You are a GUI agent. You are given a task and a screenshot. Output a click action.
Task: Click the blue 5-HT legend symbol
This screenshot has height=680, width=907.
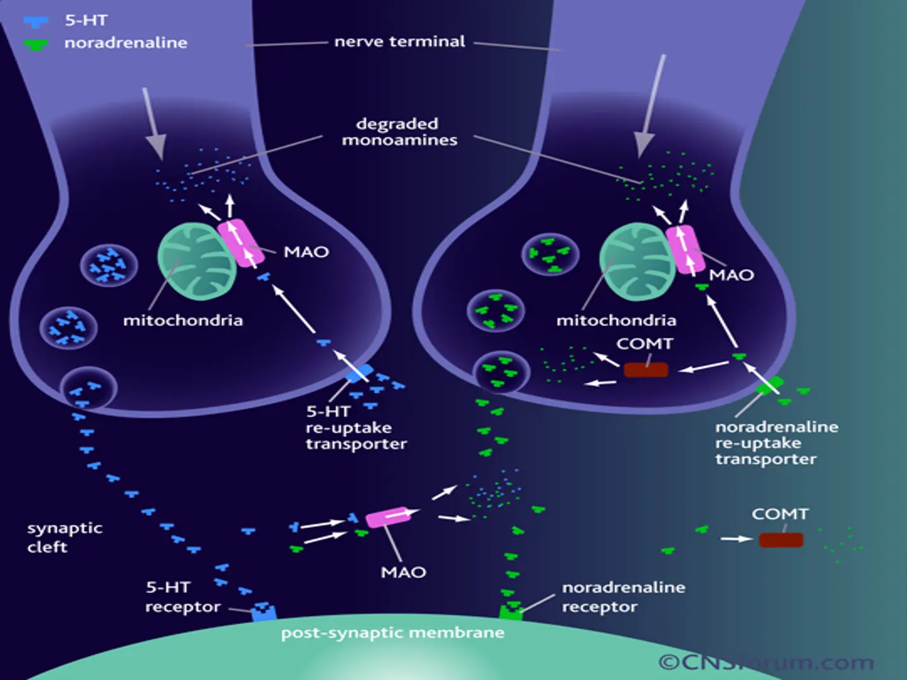tap(35, 22)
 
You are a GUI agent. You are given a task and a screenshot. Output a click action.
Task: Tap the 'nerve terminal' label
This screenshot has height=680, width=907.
tap(399, 42)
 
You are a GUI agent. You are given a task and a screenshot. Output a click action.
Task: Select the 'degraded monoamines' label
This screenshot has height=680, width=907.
tap(399, 132)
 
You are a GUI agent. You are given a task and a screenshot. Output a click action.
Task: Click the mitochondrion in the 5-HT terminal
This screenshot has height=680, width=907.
tap(196, 261)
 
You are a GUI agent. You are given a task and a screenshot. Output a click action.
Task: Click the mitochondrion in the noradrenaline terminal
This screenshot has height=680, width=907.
tap(636, 261)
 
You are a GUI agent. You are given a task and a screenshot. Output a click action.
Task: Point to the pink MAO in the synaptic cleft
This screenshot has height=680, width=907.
tap(388, 517)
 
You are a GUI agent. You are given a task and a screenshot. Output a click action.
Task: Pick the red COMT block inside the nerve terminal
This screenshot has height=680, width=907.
tap(645, 370)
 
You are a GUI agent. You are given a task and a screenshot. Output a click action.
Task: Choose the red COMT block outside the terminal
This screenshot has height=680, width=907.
tap(781, 540)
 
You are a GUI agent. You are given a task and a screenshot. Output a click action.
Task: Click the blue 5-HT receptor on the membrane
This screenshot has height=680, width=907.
tap(264, 611)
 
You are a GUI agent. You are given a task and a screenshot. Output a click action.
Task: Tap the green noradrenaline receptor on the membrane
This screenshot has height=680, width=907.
tap(511, 611)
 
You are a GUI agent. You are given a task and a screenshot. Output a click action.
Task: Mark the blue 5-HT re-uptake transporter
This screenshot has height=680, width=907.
tap(359, 373)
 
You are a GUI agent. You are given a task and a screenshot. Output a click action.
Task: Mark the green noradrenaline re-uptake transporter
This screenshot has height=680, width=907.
tap(770, 384)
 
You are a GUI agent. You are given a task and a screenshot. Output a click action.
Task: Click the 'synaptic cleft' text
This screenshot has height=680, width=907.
tap(64, 537)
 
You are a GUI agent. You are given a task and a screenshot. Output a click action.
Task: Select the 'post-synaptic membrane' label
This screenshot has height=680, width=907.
tap(392, 633)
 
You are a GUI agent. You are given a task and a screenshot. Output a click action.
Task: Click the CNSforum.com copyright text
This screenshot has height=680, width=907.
tap(766, 662)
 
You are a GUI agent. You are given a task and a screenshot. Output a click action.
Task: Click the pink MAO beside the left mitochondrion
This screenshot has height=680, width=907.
tap(240, 243)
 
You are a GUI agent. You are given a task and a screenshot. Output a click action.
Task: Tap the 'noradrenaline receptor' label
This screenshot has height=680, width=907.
tap(623, 597)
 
